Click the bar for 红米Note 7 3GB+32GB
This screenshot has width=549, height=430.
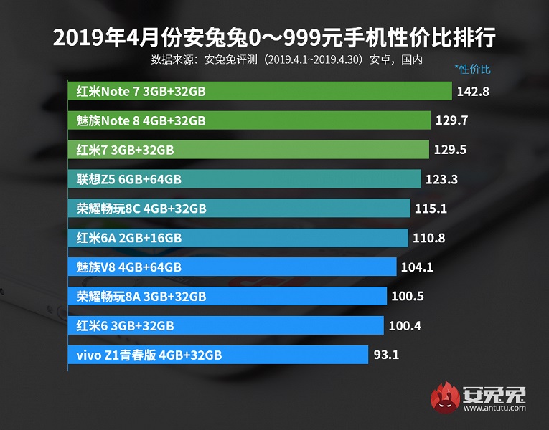click(261, 91)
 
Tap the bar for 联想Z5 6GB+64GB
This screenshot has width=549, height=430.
click(245, 179)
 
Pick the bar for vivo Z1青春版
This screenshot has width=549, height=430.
click(219, 355)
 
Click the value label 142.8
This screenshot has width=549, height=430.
click(474, 91)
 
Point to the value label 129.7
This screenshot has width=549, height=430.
click(451, 120)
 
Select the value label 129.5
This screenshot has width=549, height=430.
click(451, 150)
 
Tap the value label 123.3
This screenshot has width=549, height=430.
click(442, 179)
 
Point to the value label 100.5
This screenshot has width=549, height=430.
click(406, 297)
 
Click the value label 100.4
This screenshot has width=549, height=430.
click(405, 326)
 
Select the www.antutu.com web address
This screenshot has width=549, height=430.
click(494, 409)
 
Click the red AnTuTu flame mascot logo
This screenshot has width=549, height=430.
click(445, 398)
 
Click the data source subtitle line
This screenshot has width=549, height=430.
click(287, 59)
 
